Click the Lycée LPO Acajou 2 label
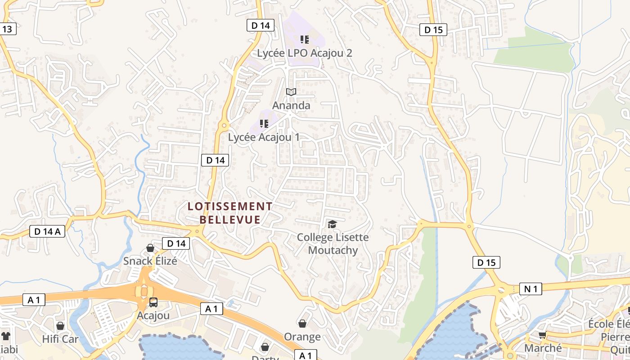(304, 53)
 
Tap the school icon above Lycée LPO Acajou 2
(305, 40)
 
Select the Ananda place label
(291, 105)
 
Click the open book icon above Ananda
(291, 92)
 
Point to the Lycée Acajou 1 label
(264, 137)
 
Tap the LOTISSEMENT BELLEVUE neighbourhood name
(230, 213)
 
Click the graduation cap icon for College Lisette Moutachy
(332, 224)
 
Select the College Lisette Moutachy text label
(333, 243)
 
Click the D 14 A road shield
(47, 231)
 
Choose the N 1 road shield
(531, 289)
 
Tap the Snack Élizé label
(150, 261)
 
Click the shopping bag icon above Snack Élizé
(150, 248)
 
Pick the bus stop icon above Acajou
(153, 302)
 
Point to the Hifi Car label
(60, 339)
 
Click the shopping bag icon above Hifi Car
(60, 326)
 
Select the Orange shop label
(302, 337)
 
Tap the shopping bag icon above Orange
(302, 324)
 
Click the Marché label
(543, 348)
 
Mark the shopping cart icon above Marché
(543, 335)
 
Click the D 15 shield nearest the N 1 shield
(486, 262)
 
